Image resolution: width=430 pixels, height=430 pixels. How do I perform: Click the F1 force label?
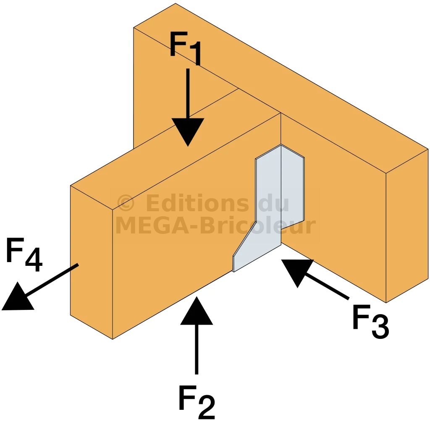[x=186, y=48]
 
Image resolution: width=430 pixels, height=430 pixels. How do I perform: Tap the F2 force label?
[x=197, y=402]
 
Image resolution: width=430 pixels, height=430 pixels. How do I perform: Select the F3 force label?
[x=371, y=321]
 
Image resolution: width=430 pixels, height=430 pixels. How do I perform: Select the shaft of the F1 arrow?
[x=188, y=93]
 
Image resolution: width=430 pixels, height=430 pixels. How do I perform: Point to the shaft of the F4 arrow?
[x=52, y=280]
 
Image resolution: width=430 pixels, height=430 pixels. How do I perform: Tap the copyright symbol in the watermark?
[x=126, y=203]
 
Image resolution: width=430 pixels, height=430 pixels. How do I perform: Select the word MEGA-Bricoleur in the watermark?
[x=215, y=225]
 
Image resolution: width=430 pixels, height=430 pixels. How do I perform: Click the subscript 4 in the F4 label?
[x=34, y=260]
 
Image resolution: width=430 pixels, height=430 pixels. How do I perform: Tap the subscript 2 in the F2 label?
[x=207, y=407]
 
